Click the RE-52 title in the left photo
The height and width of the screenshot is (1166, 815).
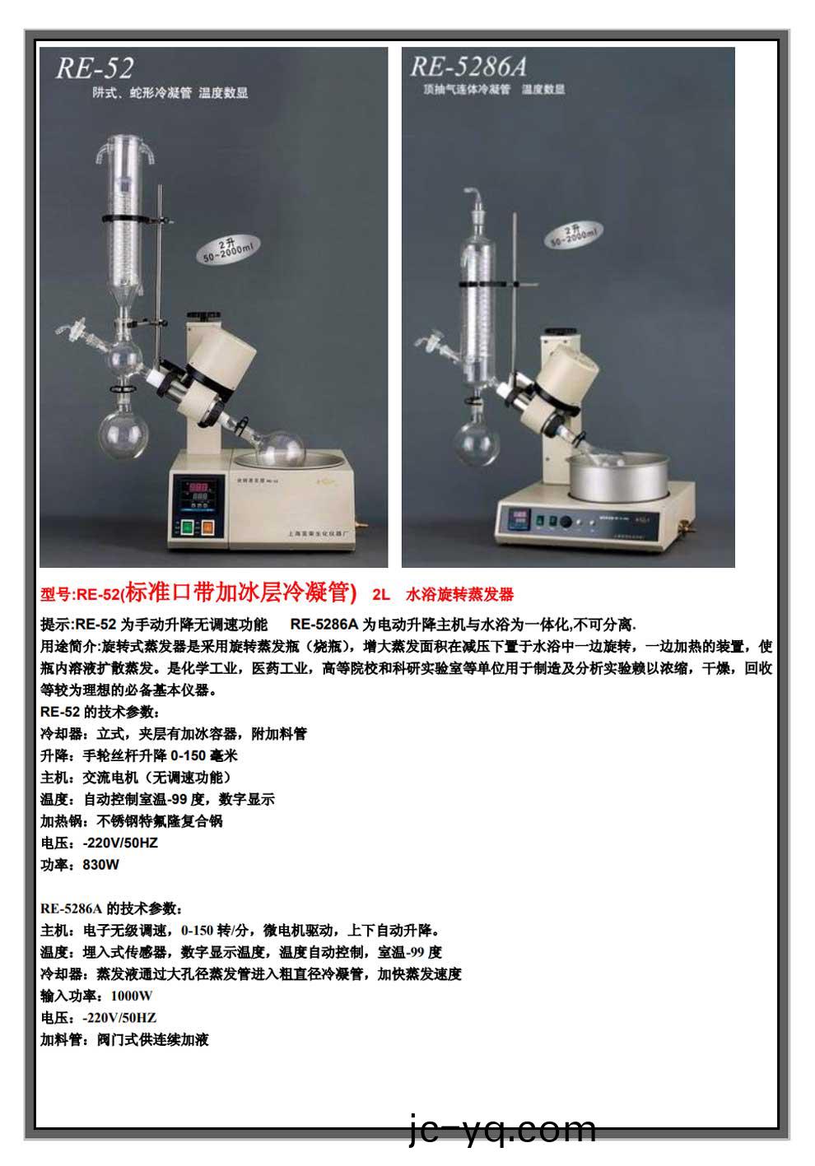tap(94, 67)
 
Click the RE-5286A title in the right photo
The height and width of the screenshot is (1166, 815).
tap(468, 66)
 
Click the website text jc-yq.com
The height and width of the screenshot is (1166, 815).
tap(502, 1130)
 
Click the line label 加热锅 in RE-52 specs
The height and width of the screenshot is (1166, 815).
tap(61, 821)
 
